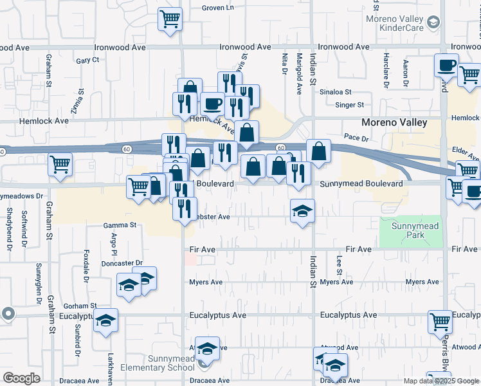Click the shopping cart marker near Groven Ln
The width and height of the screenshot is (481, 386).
pos(170,19)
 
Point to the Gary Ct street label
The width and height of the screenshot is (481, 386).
pos(87,60)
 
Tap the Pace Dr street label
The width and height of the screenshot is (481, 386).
pos(356,138)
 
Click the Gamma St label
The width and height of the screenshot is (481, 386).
pos(121,225)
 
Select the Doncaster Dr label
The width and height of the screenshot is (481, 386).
pos(122,263)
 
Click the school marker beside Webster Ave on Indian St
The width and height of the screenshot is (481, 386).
pos(302,210)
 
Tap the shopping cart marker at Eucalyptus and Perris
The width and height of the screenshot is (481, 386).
pos(440,321)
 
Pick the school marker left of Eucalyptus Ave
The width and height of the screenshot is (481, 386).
pos(106,320)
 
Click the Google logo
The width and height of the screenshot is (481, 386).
pos(21,378)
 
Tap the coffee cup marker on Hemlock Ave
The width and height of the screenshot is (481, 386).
pos(212,103)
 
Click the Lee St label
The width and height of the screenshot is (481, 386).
pos(339,262)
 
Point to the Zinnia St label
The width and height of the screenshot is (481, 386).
pos(77,102)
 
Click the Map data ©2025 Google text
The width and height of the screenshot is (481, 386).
pos(440,381)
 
